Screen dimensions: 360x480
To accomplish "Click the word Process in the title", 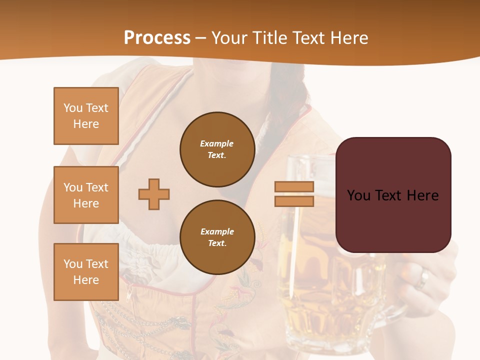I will click(157, 38).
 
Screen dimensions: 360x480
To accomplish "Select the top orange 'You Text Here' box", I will click(86, 116).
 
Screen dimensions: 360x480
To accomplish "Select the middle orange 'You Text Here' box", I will click(86, 195).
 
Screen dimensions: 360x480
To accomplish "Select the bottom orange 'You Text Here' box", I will click(86, 272).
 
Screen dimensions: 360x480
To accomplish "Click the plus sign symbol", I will click(154, 194).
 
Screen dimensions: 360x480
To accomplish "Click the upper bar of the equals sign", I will click(294, 187).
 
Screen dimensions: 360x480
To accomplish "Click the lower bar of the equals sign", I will click(294, 201).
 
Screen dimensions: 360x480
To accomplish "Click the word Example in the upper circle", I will click(217, 143).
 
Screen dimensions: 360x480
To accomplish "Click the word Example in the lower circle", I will click(217, 231).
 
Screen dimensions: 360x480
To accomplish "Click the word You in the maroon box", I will click(358, 195).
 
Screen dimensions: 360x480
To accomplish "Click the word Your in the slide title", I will click(229, 38).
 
